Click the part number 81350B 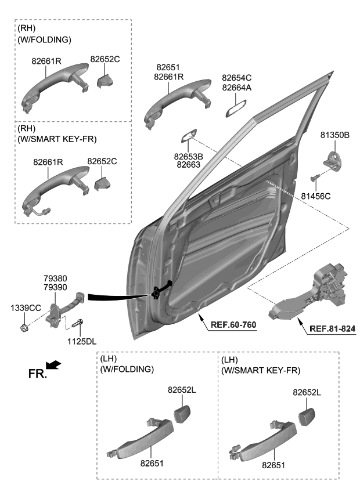point(334,136)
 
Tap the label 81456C point(316,196)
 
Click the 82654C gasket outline point(236,107)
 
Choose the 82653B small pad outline point(188,136)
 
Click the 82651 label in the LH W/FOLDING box point(150,464)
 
